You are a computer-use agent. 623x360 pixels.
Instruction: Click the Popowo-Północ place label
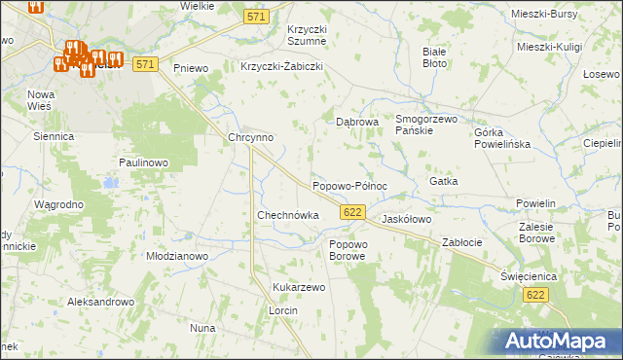click(x=349, y=186)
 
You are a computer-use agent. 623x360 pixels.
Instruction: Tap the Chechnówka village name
click(x=287, y=215)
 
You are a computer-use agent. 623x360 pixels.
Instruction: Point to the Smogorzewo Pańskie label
click(x=426, y=125)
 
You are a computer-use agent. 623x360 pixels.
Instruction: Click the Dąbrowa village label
click(x=356, y=123)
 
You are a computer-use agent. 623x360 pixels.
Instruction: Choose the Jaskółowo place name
click(x=406, y=220)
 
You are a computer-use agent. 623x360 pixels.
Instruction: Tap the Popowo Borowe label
click(x=348, y=250)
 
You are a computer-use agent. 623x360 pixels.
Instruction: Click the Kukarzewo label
click(x=299, y=288)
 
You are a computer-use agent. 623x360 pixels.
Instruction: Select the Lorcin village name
click(x=282, y=310)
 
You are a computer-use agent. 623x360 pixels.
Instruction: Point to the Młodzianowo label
click(x=177, y=256)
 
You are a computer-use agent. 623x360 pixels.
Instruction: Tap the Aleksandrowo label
click(x=99, y=303)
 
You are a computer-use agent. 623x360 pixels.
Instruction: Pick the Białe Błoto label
click(x=434, y=56)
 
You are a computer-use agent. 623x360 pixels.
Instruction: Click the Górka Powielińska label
click(x=501, y=138)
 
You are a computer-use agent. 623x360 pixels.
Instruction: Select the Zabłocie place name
click(x=462, y=241)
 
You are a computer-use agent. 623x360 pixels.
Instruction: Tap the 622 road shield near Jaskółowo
click(x=353, y=212)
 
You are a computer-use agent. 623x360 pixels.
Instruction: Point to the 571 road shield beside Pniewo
click(x=145, y=64)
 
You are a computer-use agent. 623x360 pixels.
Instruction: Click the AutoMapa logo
click(x=559, y=342)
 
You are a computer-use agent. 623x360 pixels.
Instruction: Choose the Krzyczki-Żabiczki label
click(x=281, y=67)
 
